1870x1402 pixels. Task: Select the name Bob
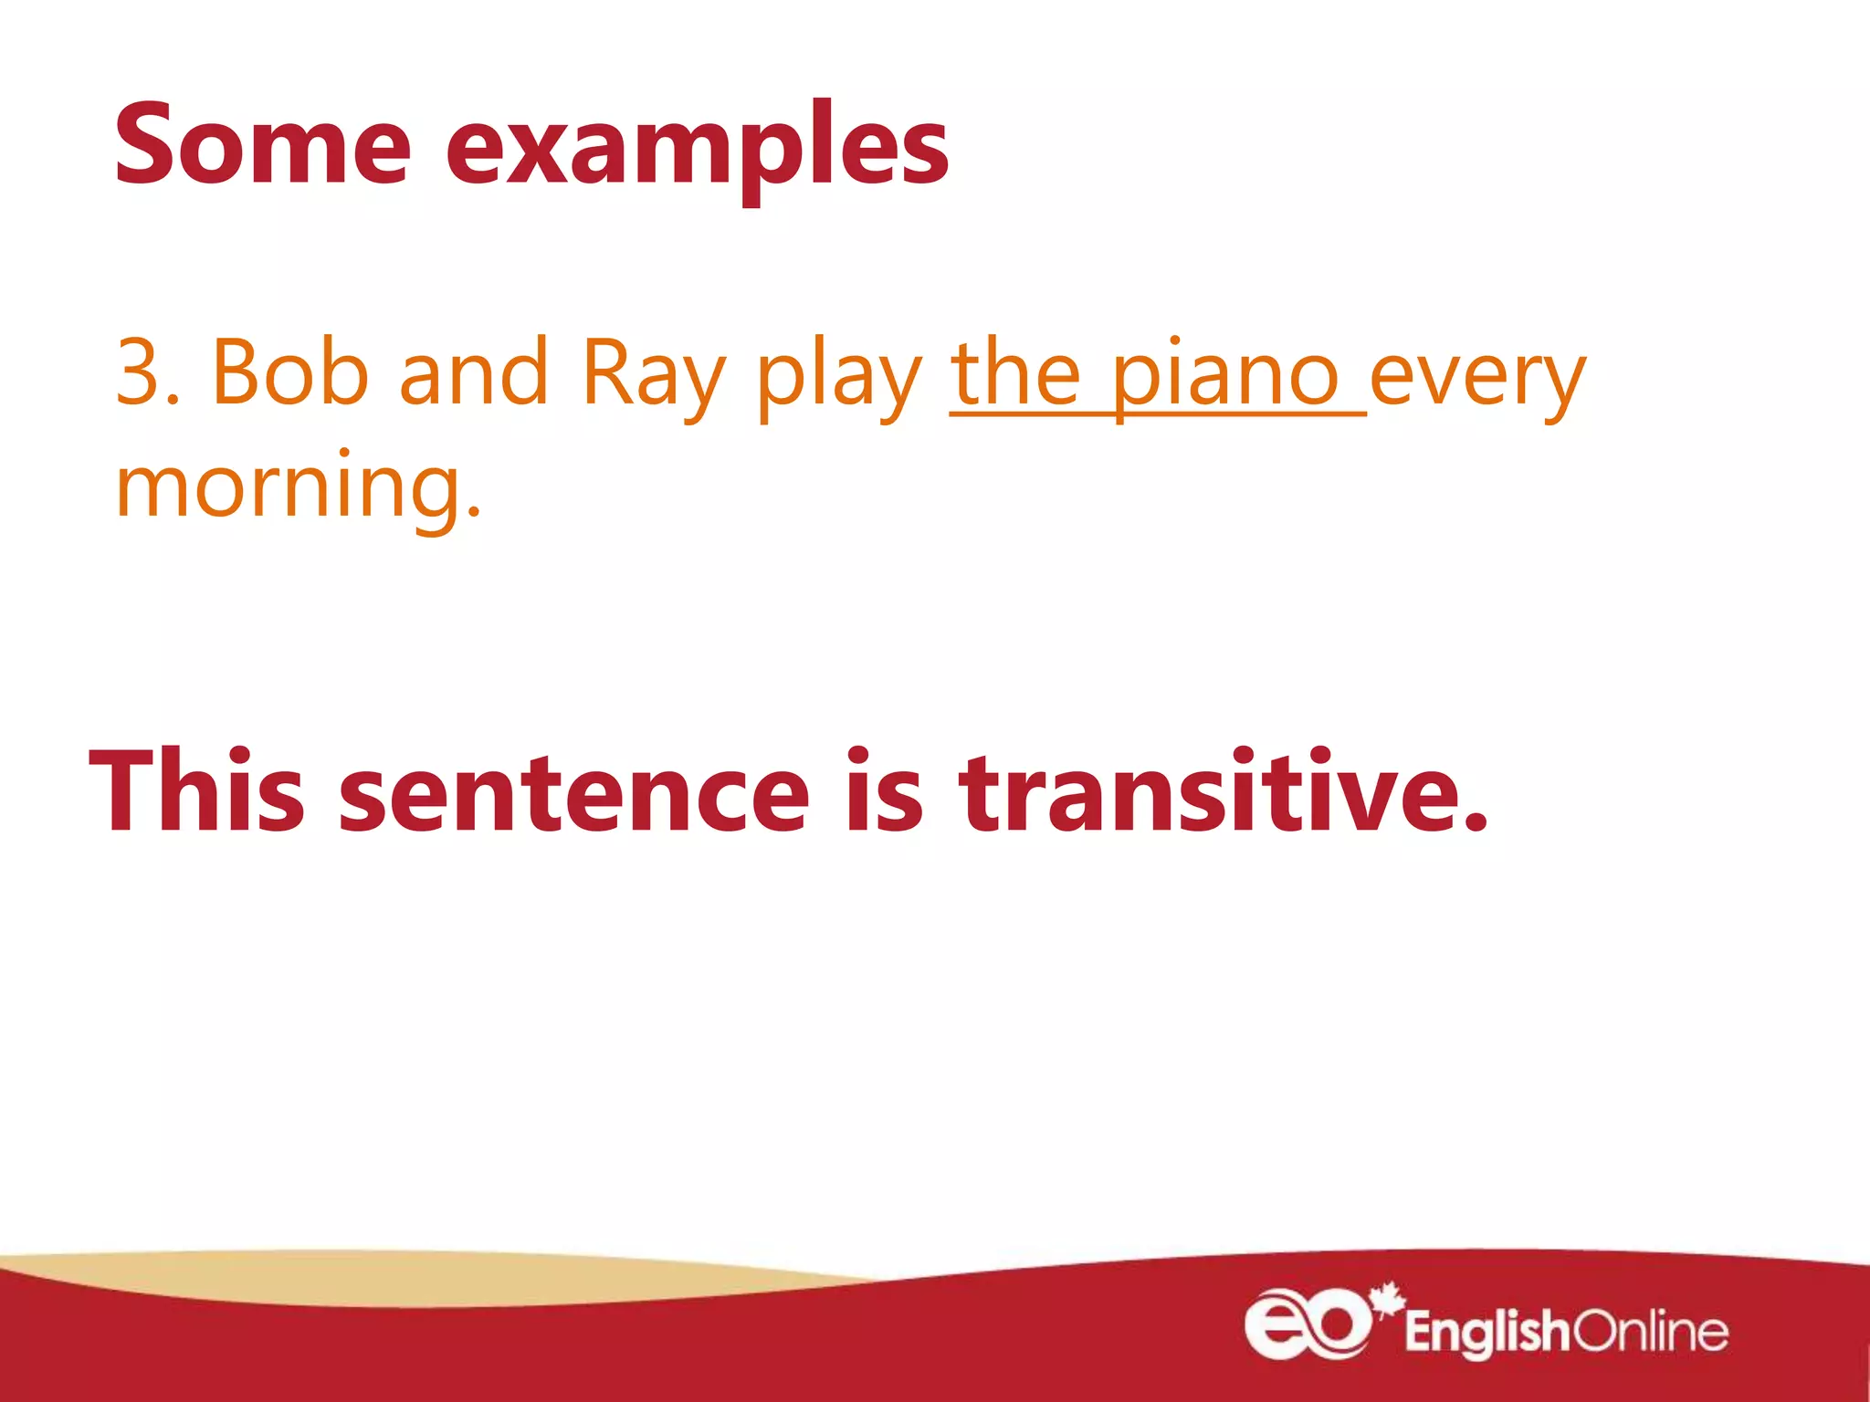coord(289,372)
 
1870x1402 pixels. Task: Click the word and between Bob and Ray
coord(474,372)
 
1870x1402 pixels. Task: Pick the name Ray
coord(654,376)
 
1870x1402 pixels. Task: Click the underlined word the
coord(1015,372)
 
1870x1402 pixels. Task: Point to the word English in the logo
coord(1486,1332)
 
